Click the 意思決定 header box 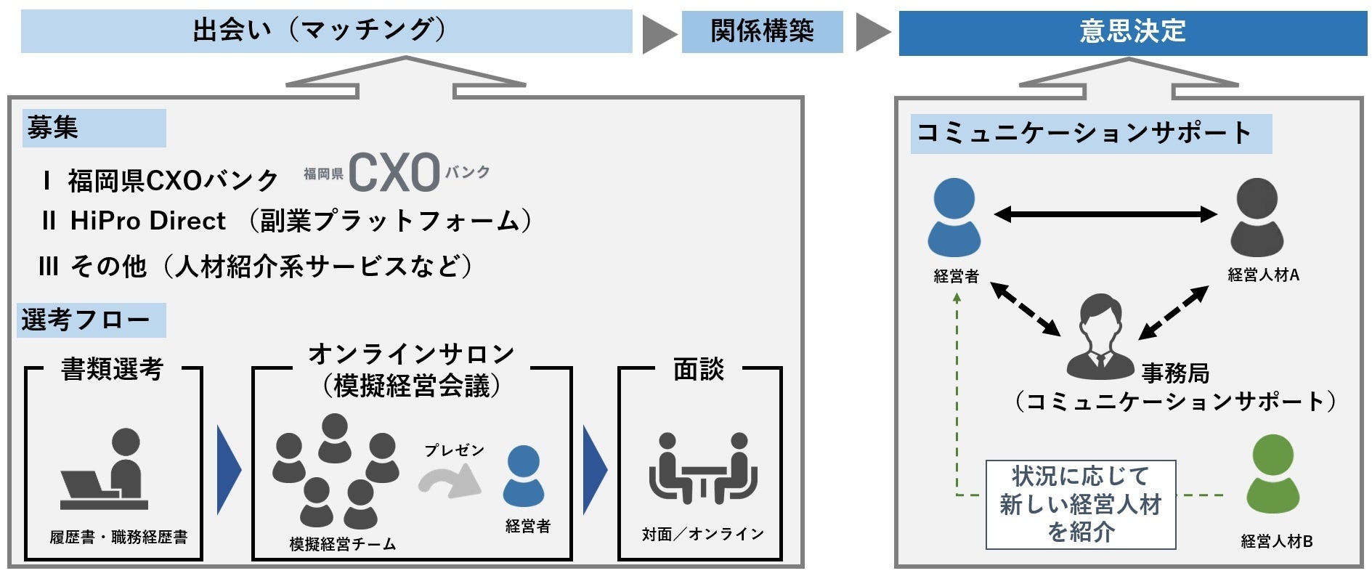tap(1132, 33)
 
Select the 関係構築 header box tap(762, 32)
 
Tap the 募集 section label tap(94, 128)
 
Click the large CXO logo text tap(394, 173)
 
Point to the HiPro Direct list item tap(148, 221)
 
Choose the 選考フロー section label tap(91, 320)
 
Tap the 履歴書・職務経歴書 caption tap(118, 537)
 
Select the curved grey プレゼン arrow tap(450, 480)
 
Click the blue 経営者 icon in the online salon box tap(524, 476)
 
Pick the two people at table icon tap(702, 468)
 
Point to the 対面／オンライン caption tap(702, 535)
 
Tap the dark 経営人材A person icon tap(1257, 217)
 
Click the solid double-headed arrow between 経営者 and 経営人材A tap(1105, 214)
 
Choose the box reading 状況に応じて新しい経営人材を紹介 tap(1080, 504)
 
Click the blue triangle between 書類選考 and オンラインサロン tap(227, 469)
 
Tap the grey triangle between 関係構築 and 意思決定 tap(872, 32)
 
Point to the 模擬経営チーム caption tap(343, 544)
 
